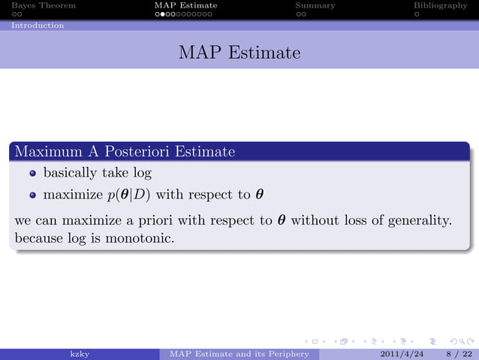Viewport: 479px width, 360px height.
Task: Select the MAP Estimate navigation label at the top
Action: (x=185, y=5)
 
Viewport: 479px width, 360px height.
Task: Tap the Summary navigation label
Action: (x=315, y=5)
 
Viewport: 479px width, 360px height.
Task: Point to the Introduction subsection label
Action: (x=38, y=25)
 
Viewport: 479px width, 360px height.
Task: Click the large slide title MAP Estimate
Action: (x=239, y=53)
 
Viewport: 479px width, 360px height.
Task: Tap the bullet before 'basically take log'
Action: (x=33, y=174)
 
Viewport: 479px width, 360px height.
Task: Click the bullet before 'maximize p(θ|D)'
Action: (x=33, y=195)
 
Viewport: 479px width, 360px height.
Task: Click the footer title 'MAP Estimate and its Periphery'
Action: (x=239, y=353)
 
